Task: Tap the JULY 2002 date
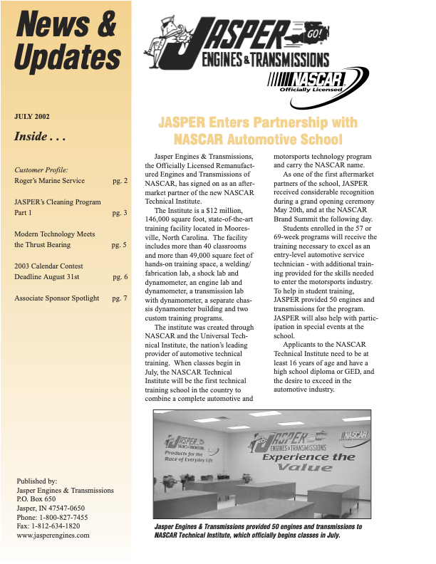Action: [32, 116]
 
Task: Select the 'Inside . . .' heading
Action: [41, 137]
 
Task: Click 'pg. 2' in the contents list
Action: [120, 181]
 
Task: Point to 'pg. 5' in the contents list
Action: [120, 244]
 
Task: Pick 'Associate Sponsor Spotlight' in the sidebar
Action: [57, 298]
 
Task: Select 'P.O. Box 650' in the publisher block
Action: [36, 499]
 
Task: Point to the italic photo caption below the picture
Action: [258, 531]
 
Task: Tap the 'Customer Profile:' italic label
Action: [41, 170]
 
